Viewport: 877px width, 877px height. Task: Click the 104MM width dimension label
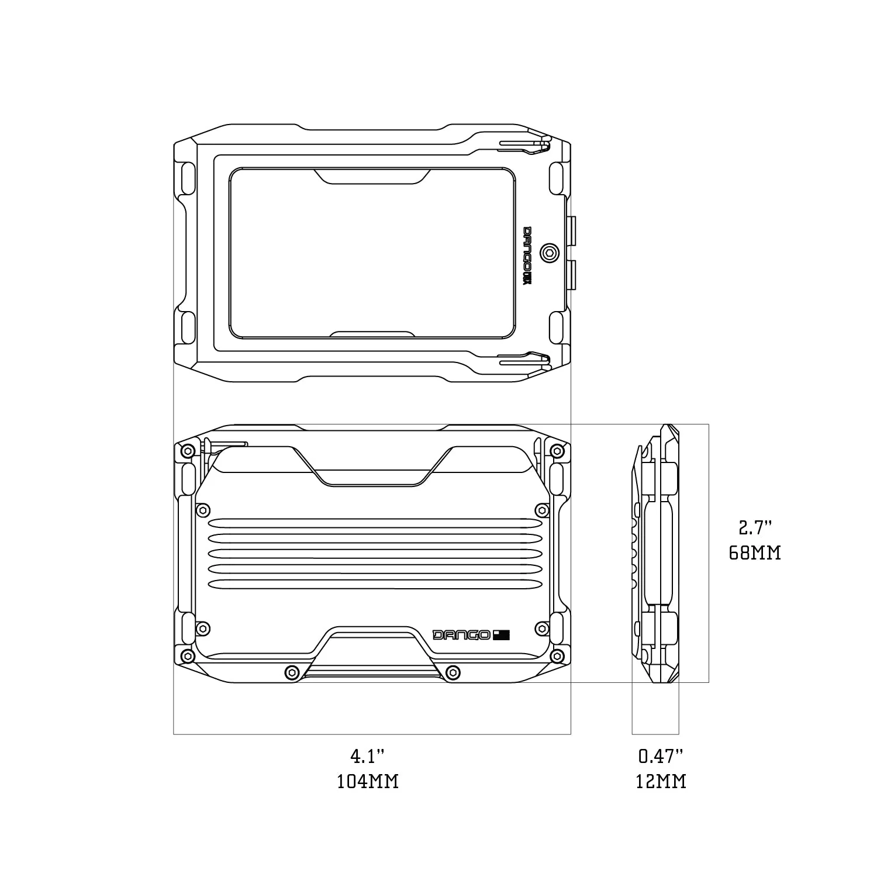tap(368, 781)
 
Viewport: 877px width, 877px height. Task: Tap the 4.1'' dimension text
tap(368, 757)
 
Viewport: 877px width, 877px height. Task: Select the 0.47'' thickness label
tap(661, 757)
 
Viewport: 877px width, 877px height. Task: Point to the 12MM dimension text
tap(661, 781)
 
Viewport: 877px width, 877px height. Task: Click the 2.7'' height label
tap(755, 529)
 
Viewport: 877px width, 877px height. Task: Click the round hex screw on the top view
tap(550, 253)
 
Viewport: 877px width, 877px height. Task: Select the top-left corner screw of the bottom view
tap(187, 451)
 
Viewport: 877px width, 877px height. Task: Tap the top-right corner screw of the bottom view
tap(557, 451)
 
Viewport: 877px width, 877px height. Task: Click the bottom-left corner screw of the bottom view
tap(187, 654)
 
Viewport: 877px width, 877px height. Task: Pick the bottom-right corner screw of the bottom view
tap(557, 654)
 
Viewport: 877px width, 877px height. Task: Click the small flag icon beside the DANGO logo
tap(501, 635)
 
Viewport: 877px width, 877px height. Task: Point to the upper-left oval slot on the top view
tap(188, 178)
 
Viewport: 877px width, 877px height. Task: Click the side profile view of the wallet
tap(656, 553)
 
